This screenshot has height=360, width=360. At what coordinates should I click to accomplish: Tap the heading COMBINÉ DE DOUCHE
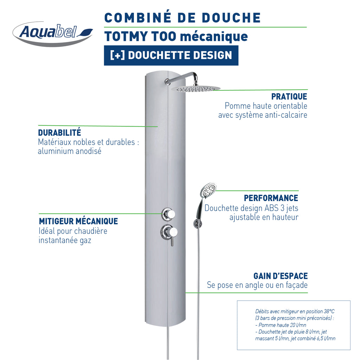[182, 18]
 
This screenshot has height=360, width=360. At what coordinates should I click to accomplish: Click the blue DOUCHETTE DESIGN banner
[171, 55]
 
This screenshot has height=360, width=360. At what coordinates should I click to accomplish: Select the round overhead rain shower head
[195, 89]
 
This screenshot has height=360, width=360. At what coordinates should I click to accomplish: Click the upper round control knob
[169, 214]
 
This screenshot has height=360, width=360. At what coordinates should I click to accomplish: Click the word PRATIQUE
[289, 96]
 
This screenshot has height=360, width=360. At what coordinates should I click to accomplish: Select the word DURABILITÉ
[59, 133]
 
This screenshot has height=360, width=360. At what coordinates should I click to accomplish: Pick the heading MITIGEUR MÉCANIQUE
[78, 221]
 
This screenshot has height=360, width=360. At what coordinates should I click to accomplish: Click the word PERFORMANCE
[271, 198]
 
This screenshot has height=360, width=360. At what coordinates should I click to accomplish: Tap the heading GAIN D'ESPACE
[281, 276]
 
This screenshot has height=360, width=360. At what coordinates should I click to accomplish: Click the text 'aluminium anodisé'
[70, 151]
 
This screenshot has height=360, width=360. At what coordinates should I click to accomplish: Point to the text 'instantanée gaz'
[65, 240]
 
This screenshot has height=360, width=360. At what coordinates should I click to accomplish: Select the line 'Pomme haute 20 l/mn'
[281, 325]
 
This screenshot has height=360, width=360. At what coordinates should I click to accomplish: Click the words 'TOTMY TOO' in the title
[140, 36]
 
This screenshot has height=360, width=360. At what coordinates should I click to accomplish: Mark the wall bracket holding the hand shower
[197, 223]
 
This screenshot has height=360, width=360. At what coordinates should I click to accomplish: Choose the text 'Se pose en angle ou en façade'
[257, 285]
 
